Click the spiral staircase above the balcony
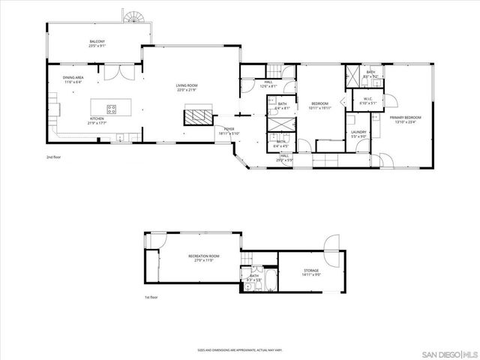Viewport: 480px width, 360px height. [x=136, y=16]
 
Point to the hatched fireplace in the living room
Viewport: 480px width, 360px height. [x=198, y=115]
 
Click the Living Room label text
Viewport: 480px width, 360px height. [x=187, y=87]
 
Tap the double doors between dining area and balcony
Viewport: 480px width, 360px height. [x=114, y=73]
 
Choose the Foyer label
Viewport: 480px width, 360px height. [x=229, y=130]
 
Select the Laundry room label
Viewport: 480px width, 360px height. [x=358, y=134]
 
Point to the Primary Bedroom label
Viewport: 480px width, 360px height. [x=404, y=118]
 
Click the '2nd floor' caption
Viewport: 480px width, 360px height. [x=54, y=157]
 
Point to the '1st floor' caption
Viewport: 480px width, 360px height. [x=152, y=298]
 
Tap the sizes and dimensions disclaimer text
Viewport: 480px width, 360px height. [x=239, y=349]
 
